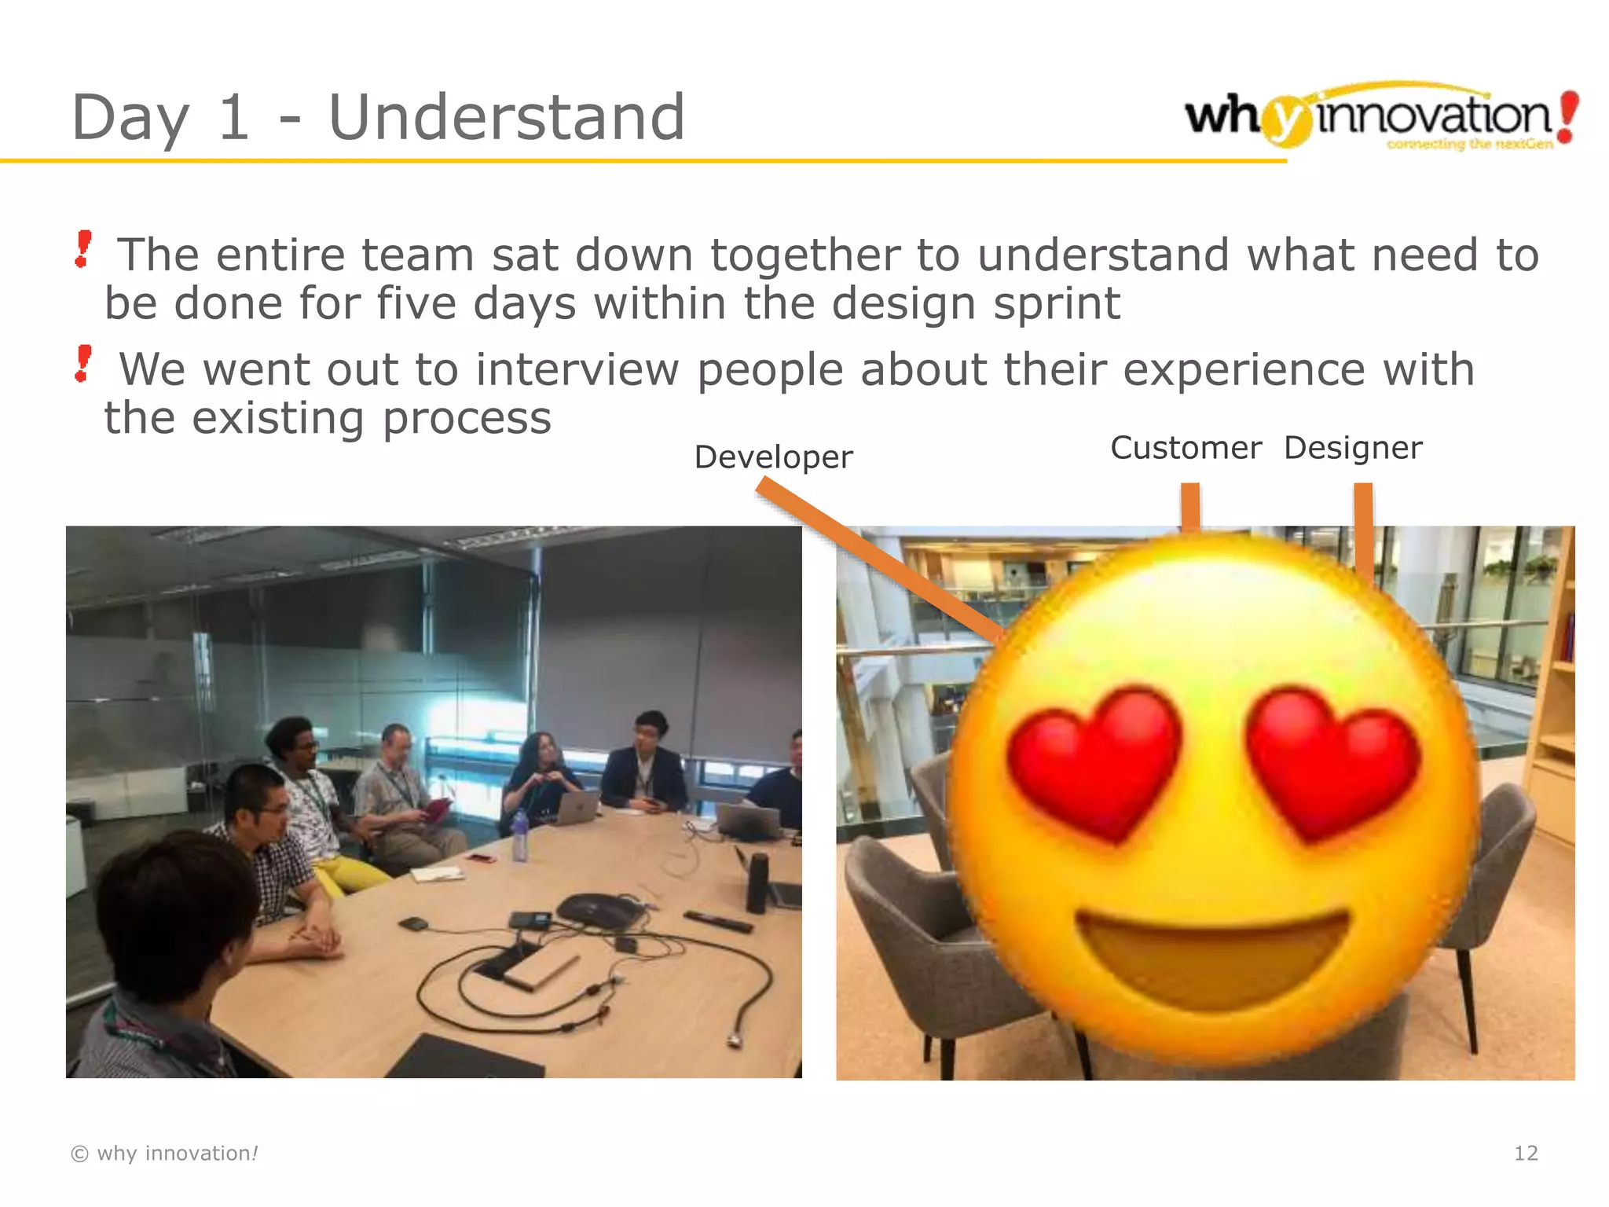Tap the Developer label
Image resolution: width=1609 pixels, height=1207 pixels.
click(x=773, y=457)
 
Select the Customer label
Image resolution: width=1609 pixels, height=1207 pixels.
click(x=1186, y=448)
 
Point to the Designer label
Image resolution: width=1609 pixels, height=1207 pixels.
click(x=1353, y=448)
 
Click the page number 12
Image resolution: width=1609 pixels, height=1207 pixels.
click(x=1526, y=1153)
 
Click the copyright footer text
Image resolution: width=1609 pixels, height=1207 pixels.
click(x=164, y=1153)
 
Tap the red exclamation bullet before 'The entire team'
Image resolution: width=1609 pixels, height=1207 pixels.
click(x=82, y=249)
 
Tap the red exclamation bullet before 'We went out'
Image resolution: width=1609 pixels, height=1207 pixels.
click(x=82, y=364)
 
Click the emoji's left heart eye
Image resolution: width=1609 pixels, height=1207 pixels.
click(x=1094, y=758)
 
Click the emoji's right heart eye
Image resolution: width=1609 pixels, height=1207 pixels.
click(x=1332, y=758)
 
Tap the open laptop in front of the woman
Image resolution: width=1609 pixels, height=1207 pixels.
click(x=576, y=808)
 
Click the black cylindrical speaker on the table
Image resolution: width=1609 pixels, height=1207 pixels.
click(x=757, y=882)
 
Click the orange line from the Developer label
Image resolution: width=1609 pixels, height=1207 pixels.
click(x=876, y=558)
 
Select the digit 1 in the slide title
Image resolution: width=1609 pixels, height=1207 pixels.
click(x=233, y=118)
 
